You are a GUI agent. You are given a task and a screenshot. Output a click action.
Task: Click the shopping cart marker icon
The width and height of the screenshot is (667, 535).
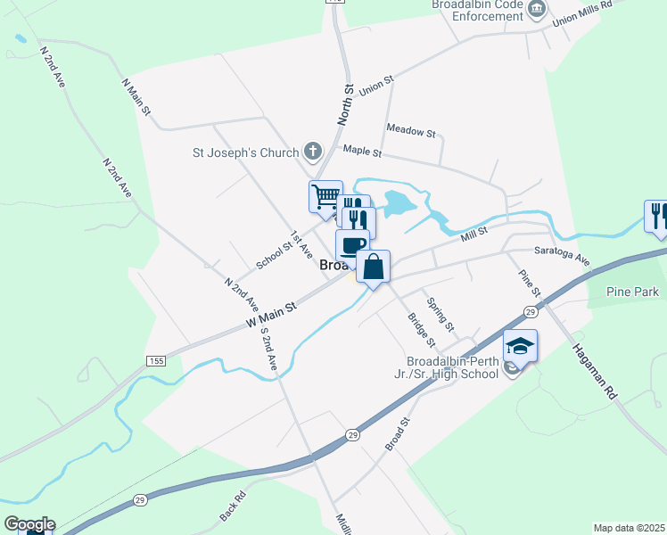pos(325,196)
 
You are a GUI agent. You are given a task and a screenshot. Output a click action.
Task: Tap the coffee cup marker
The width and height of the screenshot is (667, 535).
pos(352,245)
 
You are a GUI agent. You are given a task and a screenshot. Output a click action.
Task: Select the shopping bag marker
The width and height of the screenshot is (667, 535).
pos(373,266)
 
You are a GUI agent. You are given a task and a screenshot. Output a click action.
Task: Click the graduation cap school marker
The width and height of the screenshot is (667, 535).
pos(520,345)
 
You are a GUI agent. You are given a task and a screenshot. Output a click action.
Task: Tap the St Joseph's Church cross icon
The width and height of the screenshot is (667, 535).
pos(312,152)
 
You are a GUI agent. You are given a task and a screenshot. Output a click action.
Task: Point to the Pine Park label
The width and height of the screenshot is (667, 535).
pos(631,292)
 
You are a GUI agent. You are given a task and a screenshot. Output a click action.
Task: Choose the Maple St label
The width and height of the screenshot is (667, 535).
pos(361,152)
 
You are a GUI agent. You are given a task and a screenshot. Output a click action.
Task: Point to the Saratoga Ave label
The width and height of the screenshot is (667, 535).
pos(563,256)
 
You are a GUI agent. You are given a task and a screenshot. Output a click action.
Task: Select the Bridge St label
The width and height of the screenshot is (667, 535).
pos(421,329)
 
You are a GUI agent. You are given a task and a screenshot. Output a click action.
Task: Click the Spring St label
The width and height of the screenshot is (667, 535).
pos(441,313)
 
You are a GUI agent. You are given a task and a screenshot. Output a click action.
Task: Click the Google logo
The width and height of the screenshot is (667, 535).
pos(29,524)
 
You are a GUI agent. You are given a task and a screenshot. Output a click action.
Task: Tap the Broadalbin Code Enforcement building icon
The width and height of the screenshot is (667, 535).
pos(537,11)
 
